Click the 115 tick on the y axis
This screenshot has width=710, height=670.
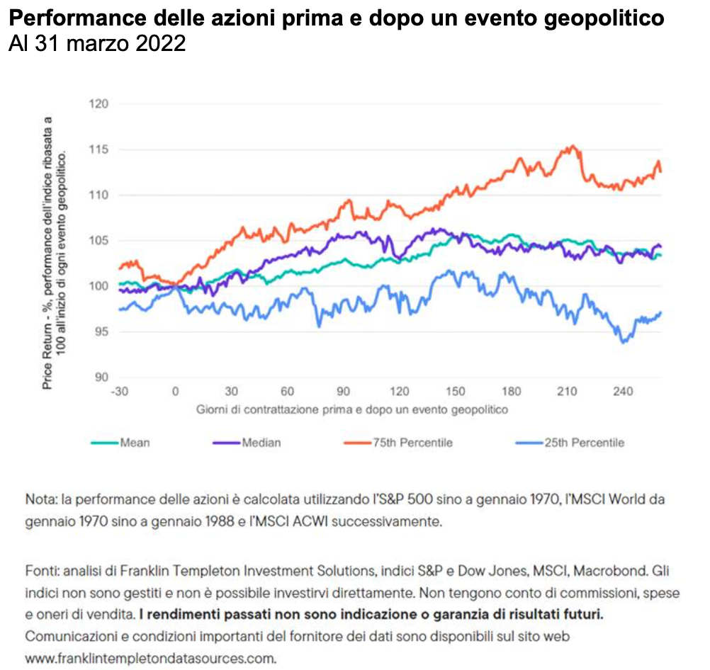point(98,149)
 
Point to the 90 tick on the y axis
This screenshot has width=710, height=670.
point(101,377)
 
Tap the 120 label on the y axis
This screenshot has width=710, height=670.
point(98,104)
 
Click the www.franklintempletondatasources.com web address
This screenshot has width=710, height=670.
point(150,658)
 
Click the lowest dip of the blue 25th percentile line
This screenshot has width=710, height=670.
point(624,342)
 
